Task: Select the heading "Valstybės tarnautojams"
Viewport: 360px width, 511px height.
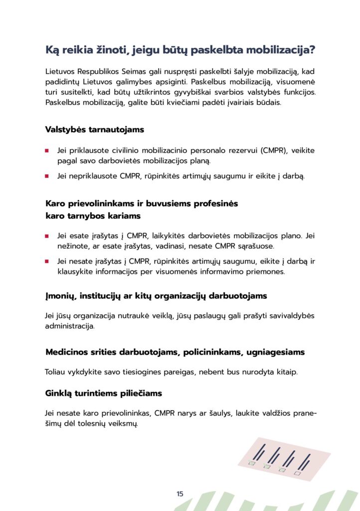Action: (95, 130)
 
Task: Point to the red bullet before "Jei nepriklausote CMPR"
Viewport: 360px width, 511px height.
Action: (47, 176)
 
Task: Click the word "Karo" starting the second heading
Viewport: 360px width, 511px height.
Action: (55, 204)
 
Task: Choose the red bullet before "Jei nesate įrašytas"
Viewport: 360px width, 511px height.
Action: (47, 261)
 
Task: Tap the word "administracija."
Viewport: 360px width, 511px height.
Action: (70, 327)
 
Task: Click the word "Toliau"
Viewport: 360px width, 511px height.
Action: (55, 372)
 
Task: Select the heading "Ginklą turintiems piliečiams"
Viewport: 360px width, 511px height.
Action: (104, 393)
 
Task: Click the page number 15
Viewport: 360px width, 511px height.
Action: (180, 494)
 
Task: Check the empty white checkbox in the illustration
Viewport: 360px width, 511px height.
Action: (297, 473)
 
